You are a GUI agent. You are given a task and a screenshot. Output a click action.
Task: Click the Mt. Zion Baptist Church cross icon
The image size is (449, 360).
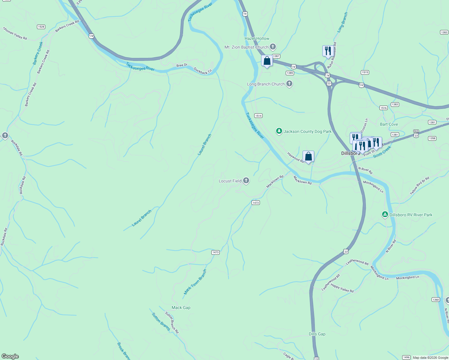pos(273,47)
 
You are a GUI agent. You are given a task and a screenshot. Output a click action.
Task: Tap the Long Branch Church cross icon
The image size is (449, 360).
pos(289,84)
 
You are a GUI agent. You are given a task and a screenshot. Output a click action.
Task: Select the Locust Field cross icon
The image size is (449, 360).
pos(246,181)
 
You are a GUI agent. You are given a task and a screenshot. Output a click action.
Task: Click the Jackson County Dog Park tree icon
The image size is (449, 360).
pos(279,131)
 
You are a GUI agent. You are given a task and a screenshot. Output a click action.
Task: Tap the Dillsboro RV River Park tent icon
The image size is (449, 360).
pos(385,214)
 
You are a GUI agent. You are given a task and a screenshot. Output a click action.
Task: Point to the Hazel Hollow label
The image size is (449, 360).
pos(257,38)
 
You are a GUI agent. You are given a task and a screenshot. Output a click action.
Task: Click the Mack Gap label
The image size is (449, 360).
pos(181,307)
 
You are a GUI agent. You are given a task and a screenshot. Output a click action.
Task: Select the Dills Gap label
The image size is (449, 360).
pos(317,334)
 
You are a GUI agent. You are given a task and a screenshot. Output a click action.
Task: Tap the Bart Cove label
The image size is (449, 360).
pos(389,124)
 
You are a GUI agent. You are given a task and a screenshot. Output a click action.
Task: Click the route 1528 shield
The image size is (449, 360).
pos(41,27)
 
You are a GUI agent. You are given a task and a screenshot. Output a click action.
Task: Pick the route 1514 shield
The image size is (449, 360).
pos(258,115)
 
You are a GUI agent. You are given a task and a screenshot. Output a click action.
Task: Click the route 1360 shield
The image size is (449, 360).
pos(436,299)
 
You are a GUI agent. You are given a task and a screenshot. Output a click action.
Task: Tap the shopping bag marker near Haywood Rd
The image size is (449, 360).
pos(308,156)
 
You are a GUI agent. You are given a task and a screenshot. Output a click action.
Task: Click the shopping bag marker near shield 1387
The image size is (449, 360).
pos(267,61)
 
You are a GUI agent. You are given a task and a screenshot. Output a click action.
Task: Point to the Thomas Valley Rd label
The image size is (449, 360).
pos(15,33)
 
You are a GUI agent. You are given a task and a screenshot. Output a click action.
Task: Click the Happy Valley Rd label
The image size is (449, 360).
pos(342,288)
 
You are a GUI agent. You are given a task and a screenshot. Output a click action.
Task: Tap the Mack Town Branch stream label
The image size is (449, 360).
pos(195,282)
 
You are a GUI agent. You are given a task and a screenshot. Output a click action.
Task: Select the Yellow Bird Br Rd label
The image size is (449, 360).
pos(420,186)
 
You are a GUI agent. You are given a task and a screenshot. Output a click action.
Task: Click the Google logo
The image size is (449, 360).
pos(10,356)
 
